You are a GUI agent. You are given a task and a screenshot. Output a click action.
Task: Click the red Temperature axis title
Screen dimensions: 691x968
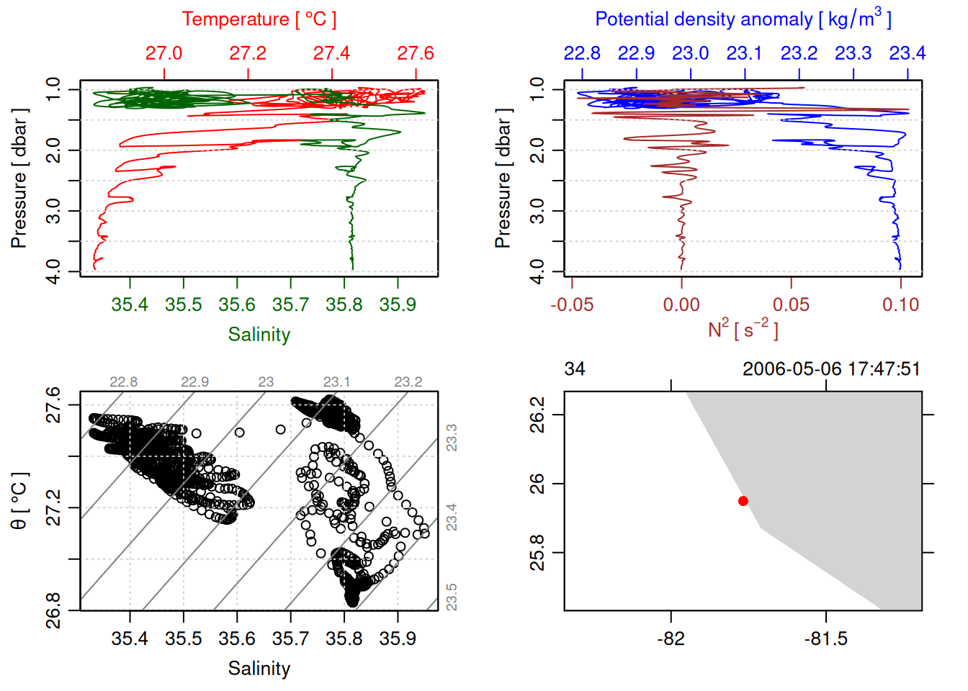point(259,19)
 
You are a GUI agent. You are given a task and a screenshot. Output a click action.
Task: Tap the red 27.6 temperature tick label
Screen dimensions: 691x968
point(416,53)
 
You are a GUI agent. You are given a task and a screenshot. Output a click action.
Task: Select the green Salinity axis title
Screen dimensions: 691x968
point(259,335)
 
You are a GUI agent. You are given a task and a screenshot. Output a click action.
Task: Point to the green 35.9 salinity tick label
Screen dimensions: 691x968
point(398,305)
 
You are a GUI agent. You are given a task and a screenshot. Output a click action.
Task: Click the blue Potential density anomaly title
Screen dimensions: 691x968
point(743,19)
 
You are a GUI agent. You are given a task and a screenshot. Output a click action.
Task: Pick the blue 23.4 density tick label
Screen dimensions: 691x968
point(907,53)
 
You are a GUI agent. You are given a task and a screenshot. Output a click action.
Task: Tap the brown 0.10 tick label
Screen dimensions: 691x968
point(900,305)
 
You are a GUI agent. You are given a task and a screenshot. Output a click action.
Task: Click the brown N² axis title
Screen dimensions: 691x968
point(743,330)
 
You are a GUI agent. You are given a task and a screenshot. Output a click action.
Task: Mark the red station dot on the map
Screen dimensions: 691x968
point(743,501)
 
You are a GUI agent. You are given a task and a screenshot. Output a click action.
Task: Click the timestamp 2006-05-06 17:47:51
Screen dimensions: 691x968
point(831,369)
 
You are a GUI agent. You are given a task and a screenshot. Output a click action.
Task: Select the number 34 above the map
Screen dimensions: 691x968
point(575,369)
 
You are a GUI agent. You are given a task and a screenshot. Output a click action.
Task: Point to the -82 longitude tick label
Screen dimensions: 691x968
point(671,639)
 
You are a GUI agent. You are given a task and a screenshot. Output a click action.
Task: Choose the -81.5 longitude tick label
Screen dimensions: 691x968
point(825,639)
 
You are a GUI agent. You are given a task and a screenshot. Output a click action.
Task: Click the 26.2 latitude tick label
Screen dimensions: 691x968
point(538,415)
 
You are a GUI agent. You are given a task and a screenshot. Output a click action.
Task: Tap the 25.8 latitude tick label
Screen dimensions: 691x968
point(538,553)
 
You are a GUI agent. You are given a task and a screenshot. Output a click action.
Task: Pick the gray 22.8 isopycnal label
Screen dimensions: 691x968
point(123,382)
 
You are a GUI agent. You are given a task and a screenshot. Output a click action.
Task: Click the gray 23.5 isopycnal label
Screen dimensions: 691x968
point(452,597)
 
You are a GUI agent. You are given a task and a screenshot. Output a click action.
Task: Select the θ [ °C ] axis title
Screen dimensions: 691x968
point(19,501)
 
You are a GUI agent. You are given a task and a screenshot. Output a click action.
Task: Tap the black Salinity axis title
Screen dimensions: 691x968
point(259,669)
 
